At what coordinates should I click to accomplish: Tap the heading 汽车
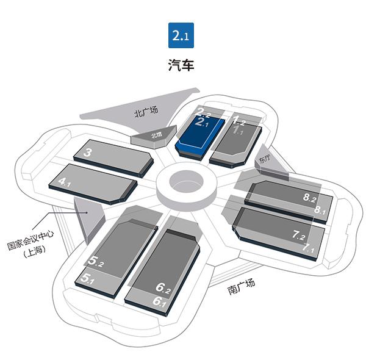(x=181, y=65)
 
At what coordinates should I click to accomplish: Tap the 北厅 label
(x=157, y=135)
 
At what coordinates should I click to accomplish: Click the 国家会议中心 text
(x=35, y=234)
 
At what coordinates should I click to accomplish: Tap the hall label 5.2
(x=96, y=262)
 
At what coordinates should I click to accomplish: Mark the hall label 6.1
(x=160, y=301)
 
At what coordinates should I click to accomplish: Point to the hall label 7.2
(x=299, y=235)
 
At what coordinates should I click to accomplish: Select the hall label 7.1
(x=308, y=250)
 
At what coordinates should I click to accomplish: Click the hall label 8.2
(x=310, y=198)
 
